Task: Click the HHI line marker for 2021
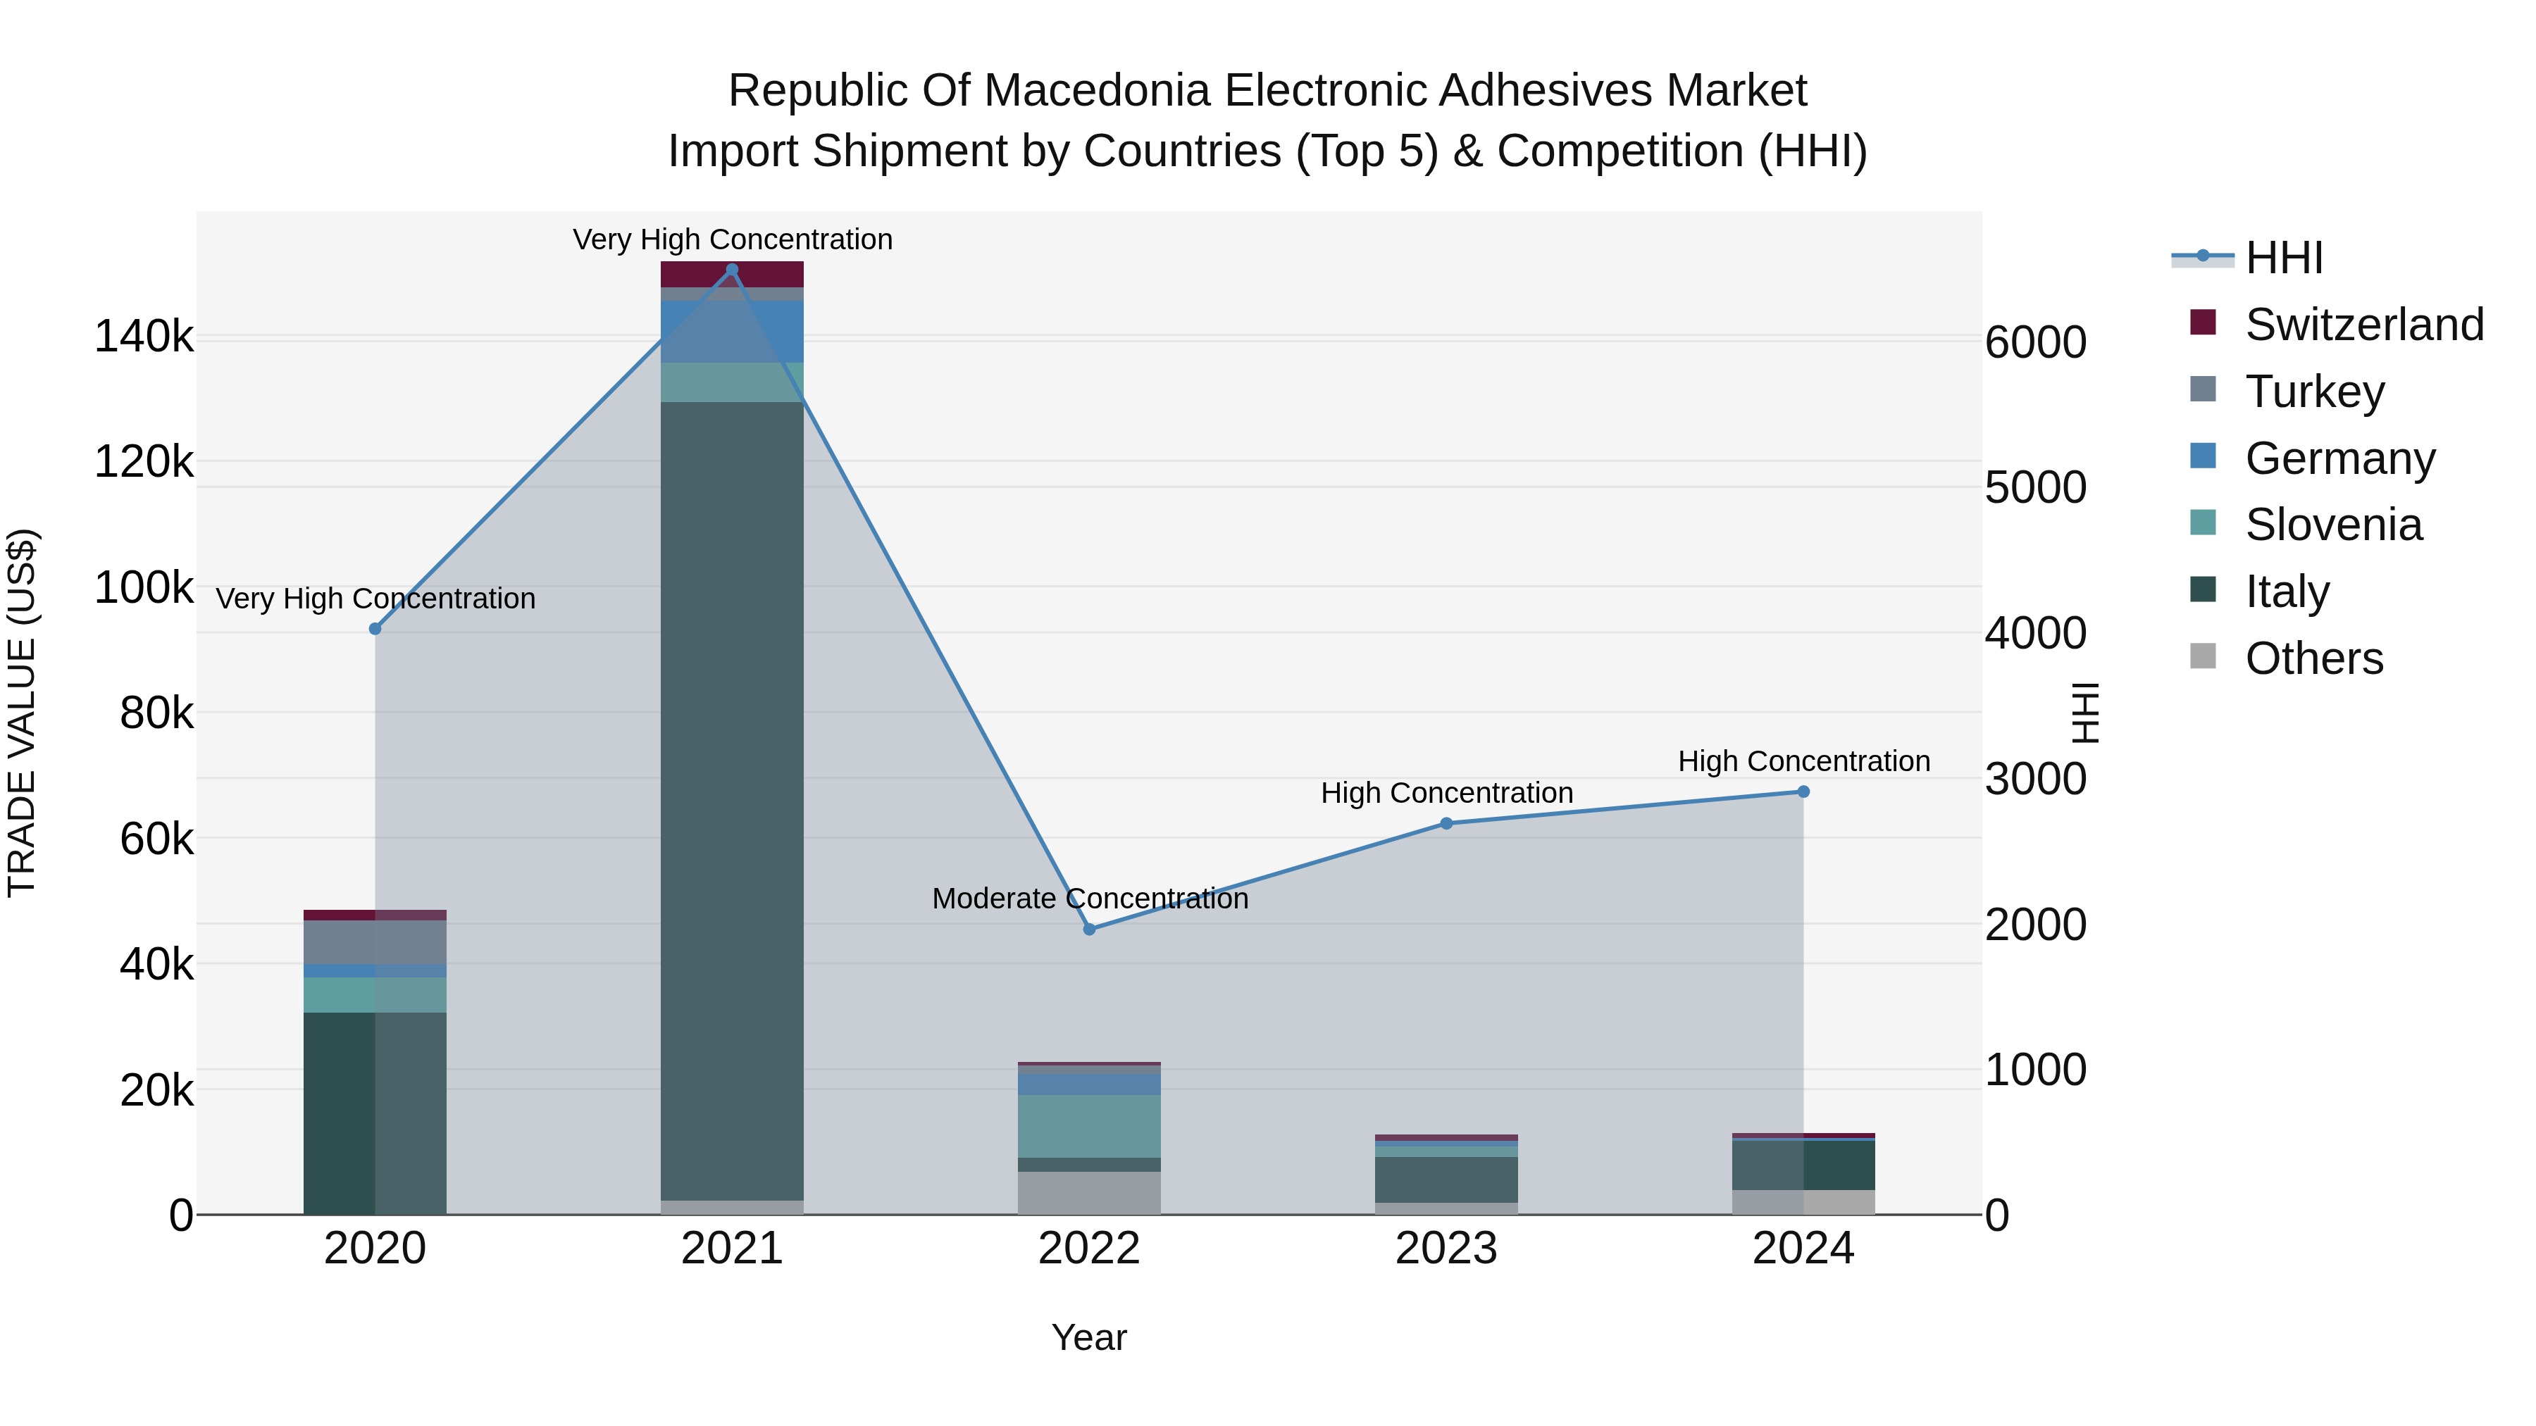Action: click(731, 270)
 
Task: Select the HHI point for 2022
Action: click(1089, 929)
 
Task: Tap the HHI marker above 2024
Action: click(1803, 792)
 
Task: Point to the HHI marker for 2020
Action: click(375, 629)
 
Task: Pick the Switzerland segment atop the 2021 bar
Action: click(731, 275)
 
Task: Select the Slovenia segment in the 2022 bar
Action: click(1089, 1126)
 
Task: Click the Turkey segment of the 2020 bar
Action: click(375, 942)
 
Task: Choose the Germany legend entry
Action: click(2339, 458)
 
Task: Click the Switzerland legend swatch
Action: click(2204, 323)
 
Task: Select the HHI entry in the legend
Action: click(2283, 258)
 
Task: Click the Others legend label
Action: click(2313, 658)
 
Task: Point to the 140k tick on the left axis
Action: click(144, 337)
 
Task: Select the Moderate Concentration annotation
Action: click(1089, 899)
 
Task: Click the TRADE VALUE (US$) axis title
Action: click(23, 713)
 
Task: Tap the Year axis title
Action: click(1089, 1337)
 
